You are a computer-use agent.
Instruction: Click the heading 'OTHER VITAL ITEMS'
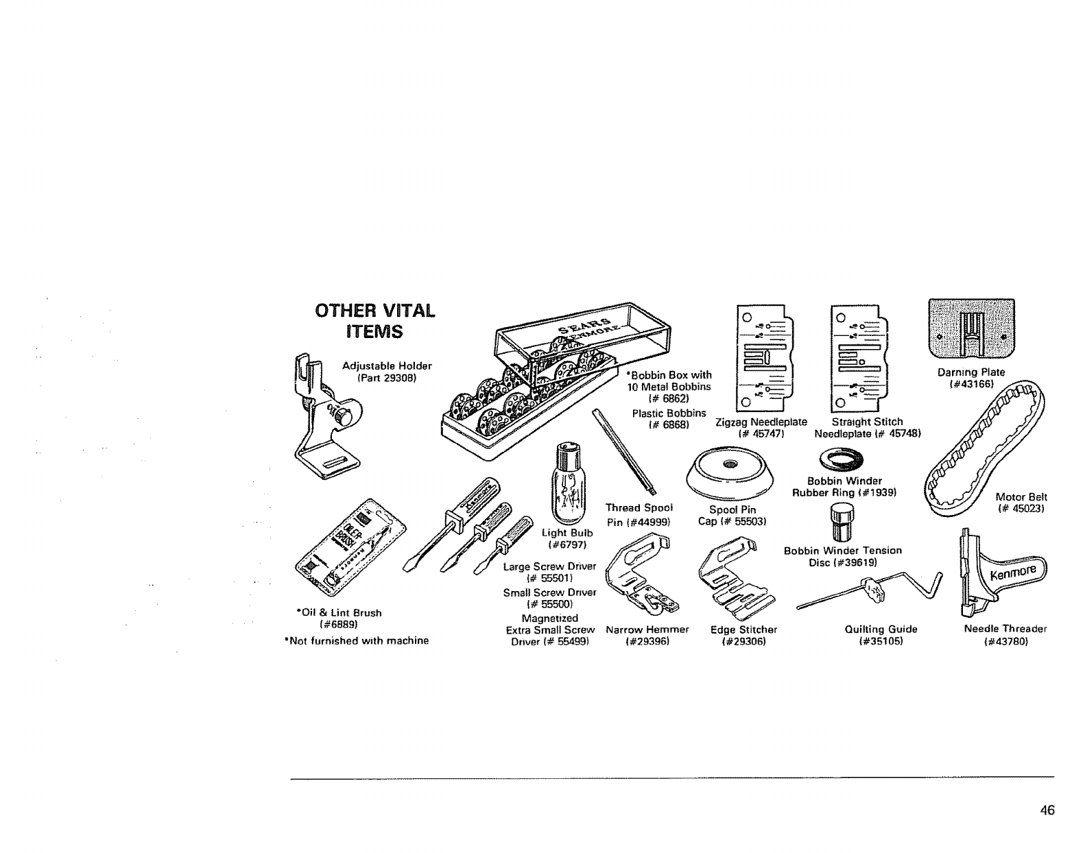pos(374,321)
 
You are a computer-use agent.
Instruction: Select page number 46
pos(1047,810)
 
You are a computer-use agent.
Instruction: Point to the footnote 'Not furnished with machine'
pos(356,641)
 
